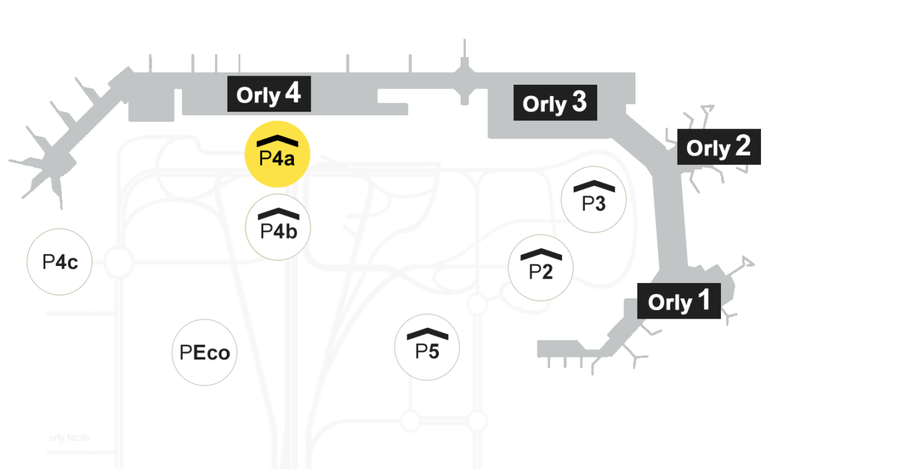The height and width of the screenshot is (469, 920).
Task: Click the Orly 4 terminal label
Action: pyautogui.click(x=269, y=95)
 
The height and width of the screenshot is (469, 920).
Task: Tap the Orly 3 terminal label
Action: pyautogui.click(x=555, y=103)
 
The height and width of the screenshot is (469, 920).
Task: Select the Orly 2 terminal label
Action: pyautogui.click(x=719, y=146)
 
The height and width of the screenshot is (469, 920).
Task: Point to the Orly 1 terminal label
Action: pyautogui.click(x=679, y=301)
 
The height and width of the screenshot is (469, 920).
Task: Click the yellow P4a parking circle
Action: pyautogui.click(x=277, y=155)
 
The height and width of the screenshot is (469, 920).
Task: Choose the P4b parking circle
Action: pyautogui.click(x=278, y=227)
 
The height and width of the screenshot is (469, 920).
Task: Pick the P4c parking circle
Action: pyautogui.click(x=60, y=262)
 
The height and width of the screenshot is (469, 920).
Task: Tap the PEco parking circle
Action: pyautogui.click(x=204, y=353)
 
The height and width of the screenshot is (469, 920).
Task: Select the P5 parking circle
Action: pyautogui.click(x=427, y=347)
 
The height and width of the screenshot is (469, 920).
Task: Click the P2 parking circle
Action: pyautogui.click(x=541, y=268)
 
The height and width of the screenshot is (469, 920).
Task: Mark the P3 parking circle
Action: pyautogui.click(x=594, y=199)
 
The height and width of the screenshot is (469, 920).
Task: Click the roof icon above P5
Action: pyautogui.click(x=427, y=333)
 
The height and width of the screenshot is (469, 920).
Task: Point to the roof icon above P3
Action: pyautogui.click(x=594, y=186)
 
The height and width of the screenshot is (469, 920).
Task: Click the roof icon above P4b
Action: pyautogui.click(x=278, y=213)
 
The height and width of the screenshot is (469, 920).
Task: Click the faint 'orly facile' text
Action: pyautogui.click(x=69, y=437)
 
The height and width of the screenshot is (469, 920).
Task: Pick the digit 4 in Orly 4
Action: pyautogui.click(x=292, y=93)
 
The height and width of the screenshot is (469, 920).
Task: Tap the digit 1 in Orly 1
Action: pyautogui.click(x=704, y=300)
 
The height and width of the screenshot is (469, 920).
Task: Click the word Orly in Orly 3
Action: pyautogui.click(x=544, y=104)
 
